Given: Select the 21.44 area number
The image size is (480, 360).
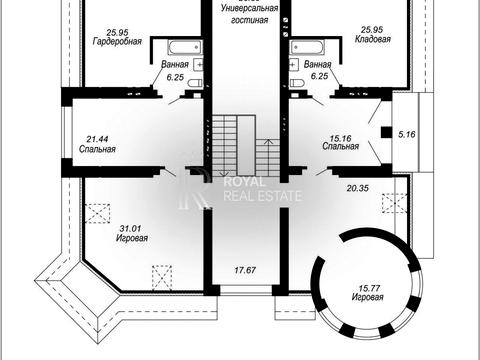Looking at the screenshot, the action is click(97, 139).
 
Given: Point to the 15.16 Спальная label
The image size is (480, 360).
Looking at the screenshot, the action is click(341, 142).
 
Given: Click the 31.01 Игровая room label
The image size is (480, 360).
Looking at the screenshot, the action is click(132, 233).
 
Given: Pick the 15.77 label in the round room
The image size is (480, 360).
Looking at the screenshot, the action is click(369, 288).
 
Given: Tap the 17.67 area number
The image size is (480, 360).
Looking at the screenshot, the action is click(245, 270).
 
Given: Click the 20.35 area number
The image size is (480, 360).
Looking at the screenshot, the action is click(358, 188).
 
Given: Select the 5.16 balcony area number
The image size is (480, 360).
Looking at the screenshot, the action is click(407, 134).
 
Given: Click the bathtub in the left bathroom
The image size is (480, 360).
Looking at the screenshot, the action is click(185, 48).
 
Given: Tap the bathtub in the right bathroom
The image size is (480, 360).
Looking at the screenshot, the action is click(307, 48).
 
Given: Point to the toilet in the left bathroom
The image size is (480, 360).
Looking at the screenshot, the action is click(194, 83).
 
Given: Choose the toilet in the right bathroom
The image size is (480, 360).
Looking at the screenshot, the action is click(296, 83).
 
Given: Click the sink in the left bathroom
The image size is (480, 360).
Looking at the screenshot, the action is click(198, 65).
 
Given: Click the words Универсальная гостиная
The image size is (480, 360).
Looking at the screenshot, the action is click(249, 14).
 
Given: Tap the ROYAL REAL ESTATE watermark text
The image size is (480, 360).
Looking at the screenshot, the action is click(263, 189).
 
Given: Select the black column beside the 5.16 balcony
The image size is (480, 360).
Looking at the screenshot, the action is click(386, 132).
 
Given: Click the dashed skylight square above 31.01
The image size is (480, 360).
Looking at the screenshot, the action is click(98, 213).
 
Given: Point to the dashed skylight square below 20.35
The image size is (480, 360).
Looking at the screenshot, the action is click(394, 203).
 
